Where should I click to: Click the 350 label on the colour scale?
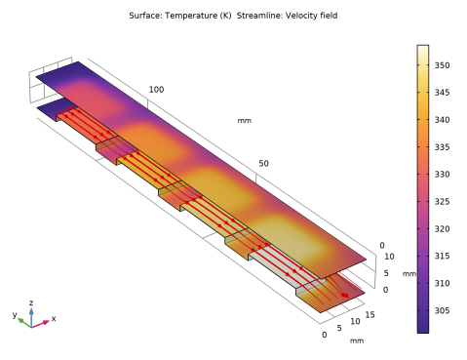[x=443, y=65]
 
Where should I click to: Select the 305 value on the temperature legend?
[x=443, y=310]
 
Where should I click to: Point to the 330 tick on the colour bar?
[x=443, y=175]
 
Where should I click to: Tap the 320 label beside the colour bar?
[x=443, y=229]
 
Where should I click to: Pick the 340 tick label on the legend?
[x=443, y=120]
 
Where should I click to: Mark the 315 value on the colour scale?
[x=443, y=256]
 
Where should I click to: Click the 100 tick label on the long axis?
[x=156, y=90]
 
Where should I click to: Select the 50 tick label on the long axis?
[x=264, y=164]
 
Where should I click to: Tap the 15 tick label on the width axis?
[x=370, y=315]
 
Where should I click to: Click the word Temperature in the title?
[x=190, y=16]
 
